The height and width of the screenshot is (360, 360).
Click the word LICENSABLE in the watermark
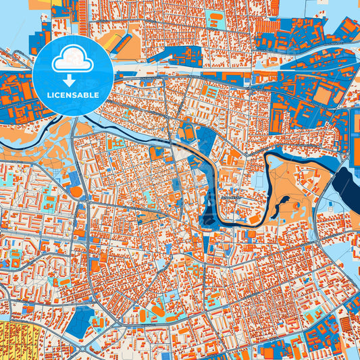click(74, 95)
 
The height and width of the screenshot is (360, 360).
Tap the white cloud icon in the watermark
click(74, 61)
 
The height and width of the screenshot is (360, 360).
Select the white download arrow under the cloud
click(74, 80)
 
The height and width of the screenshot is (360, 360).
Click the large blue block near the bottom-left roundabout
click(80, 321)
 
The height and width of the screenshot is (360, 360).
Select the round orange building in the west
click(76, 192)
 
